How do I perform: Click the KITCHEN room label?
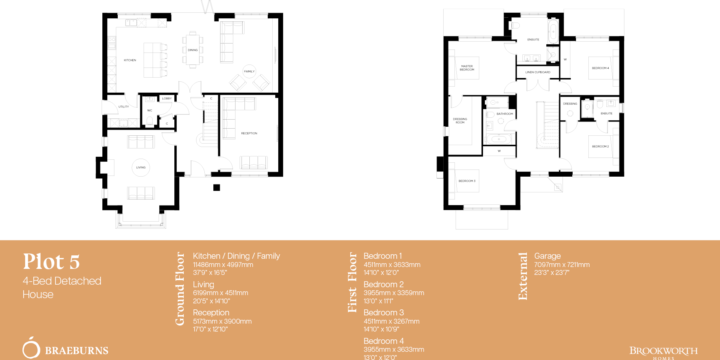130,60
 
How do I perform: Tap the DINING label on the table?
193,50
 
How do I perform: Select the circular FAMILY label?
249,71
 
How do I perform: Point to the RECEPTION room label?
249,133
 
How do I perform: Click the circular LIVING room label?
141,168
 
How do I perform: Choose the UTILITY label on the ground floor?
123,107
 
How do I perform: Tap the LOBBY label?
167,99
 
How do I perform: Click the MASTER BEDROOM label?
467,68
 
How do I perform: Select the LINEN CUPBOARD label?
538,72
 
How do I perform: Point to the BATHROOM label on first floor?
505,114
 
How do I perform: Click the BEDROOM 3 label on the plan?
467,181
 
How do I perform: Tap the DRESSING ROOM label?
460,121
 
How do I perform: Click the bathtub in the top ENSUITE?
553,32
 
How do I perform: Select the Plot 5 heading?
51,262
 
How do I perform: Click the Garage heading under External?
547,256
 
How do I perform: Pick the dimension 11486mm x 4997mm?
223,265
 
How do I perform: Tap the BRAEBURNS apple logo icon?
31,348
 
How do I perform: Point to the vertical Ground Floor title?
180,288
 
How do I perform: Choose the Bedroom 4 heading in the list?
383,341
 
